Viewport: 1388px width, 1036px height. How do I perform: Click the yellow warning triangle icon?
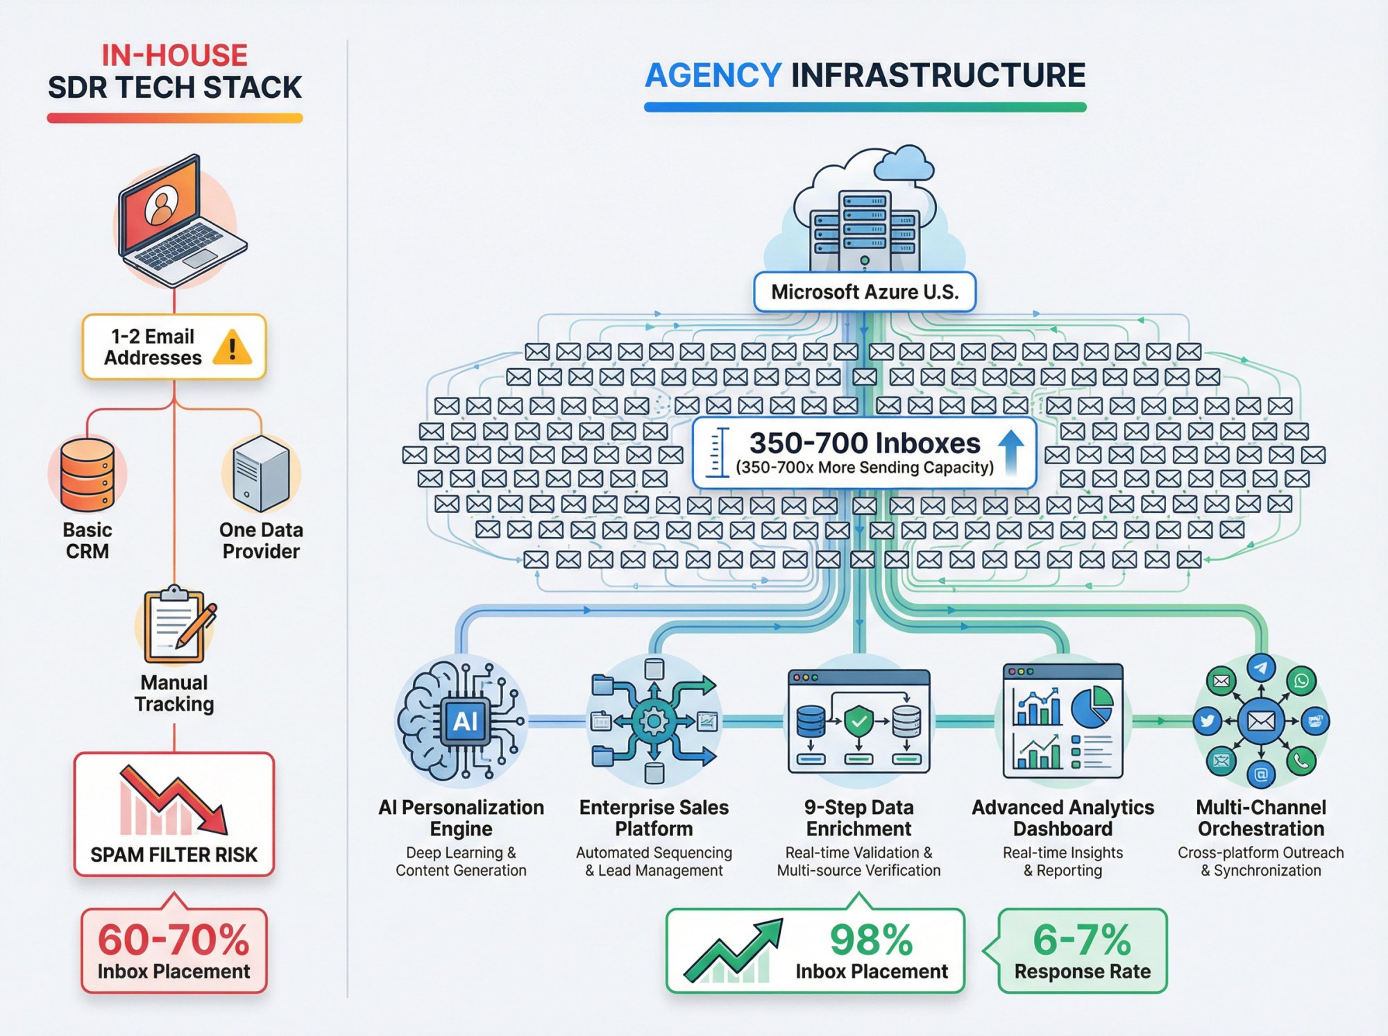point(232,347)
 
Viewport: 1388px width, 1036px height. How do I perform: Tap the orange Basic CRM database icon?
point(87,475)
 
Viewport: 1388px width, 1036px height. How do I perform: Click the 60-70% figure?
point(173,940)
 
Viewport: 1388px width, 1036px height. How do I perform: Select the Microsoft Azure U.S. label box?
point(865,292)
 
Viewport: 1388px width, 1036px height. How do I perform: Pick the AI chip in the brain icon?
point(465,722)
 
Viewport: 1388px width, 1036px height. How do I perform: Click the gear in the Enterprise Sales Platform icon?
point(654,722)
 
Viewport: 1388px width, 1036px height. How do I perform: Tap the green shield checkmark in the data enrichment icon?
point(859,722)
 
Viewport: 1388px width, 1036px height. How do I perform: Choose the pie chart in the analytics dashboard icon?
point(1092,706)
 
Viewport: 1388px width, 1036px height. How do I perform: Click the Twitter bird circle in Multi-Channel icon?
point(1208,721)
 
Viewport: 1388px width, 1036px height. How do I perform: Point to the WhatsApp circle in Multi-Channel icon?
point(1301,681)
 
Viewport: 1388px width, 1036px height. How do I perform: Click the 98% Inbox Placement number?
point(872,940)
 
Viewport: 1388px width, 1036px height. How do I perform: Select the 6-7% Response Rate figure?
point(1082,940)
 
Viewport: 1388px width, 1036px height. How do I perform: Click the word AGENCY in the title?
point(713,75)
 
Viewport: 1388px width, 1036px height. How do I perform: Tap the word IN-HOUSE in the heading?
point(175,56)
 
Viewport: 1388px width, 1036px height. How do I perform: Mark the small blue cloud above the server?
point(904,164)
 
